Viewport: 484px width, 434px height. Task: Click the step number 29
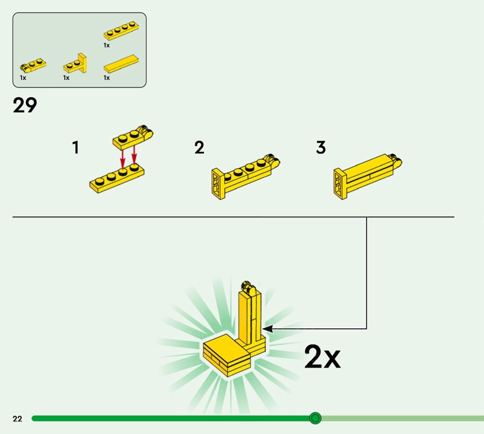coord(25,105)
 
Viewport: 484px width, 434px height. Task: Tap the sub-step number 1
coord(76,147)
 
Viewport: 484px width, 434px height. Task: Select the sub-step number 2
coord(200,147)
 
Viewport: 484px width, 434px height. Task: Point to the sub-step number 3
coord(321,147)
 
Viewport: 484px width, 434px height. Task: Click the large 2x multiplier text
coord(322,357)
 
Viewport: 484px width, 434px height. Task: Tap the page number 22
coord(18,418)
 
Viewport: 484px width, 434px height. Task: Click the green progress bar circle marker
coord(315,418)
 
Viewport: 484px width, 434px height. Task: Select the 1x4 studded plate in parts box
coord(121,31)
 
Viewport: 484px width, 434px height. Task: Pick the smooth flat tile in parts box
coord(121,64)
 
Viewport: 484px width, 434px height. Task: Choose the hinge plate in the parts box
coord(33,65)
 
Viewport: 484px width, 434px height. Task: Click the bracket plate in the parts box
coord(76,64)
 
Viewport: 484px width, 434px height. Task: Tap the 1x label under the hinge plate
coord(23,78)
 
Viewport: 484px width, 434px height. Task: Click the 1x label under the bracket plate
coord(67,78)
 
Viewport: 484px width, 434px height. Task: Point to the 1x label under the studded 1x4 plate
coord(107,45)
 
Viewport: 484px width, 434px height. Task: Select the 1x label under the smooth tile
coord(107,78)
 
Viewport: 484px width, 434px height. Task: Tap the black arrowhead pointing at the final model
coord(267,329)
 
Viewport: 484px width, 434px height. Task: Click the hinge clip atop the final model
coord(248,287)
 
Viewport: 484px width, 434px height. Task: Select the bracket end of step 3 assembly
coord(340,184)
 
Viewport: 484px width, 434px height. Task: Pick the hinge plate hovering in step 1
coord(132,138)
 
